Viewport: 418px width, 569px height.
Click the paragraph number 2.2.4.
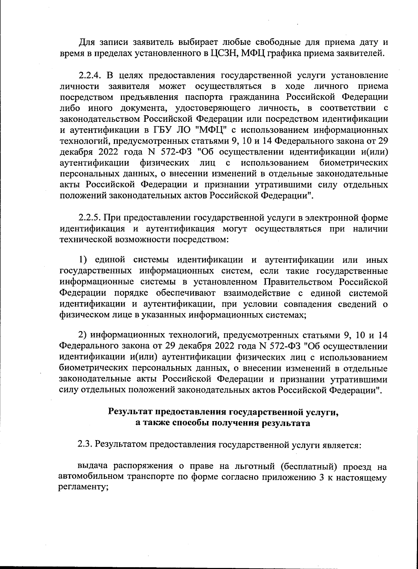tap(89, 75)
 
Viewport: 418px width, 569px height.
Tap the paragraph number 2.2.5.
tap(89, 218)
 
